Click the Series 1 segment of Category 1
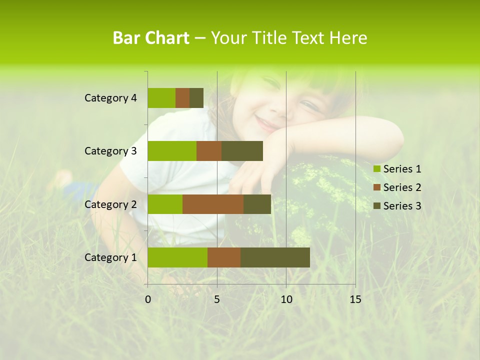(177, 257)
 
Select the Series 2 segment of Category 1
(224, 257)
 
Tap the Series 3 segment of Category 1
(275, 257)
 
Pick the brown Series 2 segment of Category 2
(213, 204)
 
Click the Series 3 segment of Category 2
(257, 204)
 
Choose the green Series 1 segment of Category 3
(172, 151)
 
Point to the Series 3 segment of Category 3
(242, 151)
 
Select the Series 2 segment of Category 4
(182, 98)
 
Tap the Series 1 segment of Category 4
(161, 98)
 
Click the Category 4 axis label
(110, 98)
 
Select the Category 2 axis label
(110, 204)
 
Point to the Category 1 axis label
(110, 257)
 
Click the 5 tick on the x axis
(217, 299)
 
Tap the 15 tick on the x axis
(355, 299)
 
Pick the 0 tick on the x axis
(148, 299)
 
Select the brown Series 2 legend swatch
(377, 187)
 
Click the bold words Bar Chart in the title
(151, 38)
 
